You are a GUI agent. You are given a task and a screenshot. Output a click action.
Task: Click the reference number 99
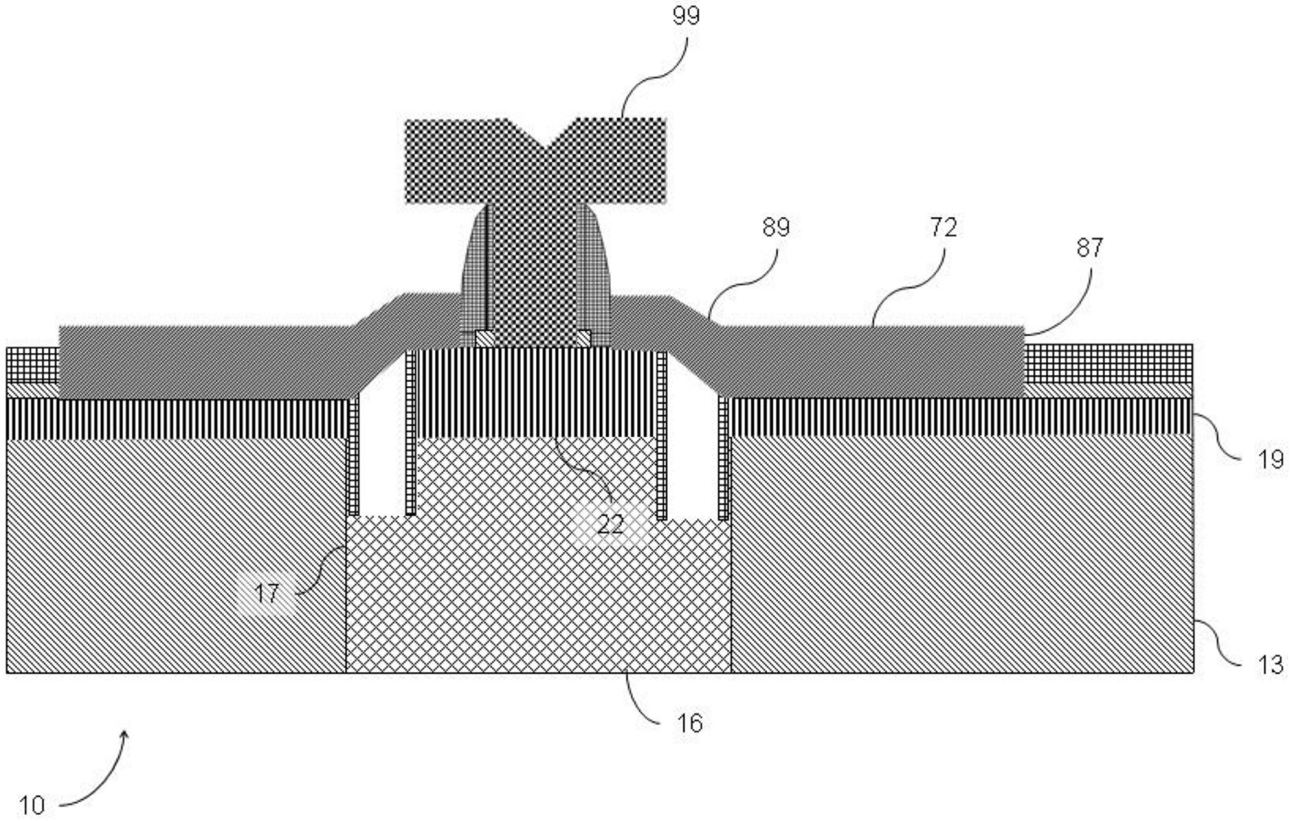[x=686, y=16]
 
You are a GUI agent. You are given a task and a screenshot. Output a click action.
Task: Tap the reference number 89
[x=776, y=227]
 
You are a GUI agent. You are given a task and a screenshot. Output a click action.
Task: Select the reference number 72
[x=943, y=227]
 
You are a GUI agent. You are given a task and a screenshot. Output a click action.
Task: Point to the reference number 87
[x=1089, y=248]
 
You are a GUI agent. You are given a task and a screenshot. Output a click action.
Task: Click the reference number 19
[x=1270, y=459]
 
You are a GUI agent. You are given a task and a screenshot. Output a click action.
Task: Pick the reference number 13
[x=1270, y=665]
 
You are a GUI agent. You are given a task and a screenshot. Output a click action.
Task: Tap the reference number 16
[x=689, y=724]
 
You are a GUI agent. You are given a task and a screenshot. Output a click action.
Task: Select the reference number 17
[x=267, y=593]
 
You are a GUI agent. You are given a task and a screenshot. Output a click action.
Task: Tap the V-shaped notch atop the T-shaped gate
[x=545, y=141]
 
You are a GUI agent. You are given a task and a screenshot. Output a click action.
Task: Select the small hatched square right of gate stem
[x=583, y=339]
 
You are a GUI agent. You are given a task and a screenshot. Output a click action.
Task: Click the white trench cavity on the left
[x=381, y=456]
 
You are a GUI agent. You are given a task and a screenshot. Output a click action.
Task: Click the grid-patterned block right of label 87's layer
[x=1108, y=363]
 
